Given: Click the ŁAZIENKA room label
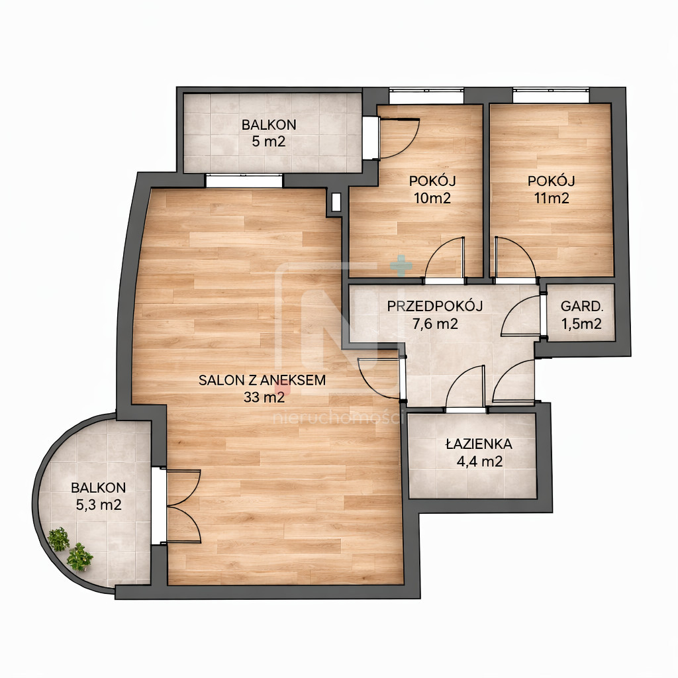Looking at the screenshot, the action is click(x=479, y=444).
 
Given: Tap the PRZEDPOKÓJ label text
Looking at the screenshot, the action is click(x=434, y=306).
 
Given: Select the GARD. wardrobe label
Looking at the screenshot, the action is click(x=581, y=307).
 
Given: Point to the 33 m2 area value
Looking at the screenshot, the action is click(x=264, y=397).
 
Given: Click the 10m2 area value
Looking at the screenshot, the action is click(x=432, y=198).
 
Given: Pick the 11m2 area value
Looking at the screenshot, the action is click(x=552, y=198).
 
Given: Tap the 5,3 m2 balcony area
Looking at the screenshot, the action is click(x=99, y=505).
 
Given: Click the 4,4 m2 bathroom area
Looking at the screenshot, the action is click(x=479, y=461).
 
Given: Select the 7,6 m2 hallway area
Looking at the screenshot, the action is click(x=434, y=323).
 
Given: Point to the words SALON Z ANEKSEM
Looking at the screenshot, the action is click(x=262, y=380).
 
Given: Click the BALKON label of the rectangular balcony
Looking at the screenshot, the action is click(x=269, y=124).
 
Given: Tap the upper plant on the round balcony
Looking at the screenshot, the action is click(x=58, y=539).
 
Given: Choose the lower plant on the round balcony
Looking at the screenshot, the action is click(x=79, y=557).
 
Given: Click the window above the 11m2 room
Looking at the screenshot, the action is click(x=552, y=95).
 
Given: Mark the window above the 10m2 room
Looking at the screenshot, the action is click(x=426, y=95).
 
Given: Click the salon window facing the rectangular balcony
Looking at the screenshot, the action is click(x=244, y=180).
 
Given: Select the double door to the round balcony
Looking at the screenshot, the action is click(x=177, y=506).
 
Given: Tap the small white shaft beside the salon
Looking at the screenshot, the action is click(x=336, y=202).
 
